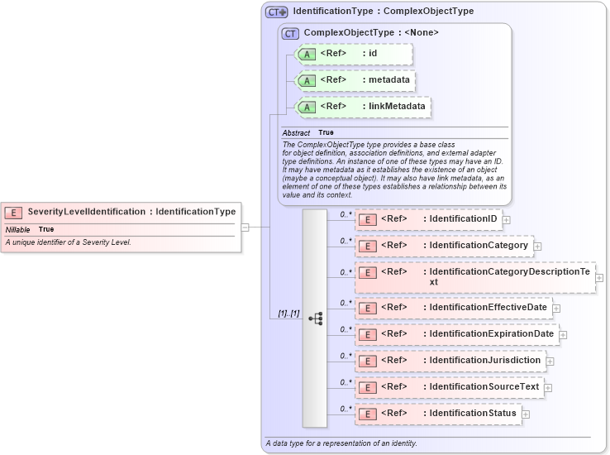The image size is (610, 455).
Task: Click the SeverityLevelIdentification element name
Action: click(x=86, y=212)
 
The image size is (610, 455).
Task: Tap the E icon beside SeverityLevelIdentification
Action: click(x=14, y=213)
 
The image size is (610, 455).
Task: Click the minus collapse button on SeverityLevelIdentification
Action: click(x=245, y=227)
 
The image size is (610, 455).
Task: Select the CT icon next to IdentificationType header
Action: click(x=276, y=12)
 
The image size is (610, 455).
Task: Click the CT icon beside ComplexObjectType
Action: click(x=290, y=33)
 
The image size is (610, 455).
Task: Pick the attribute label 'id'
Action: click(x=372, y=55)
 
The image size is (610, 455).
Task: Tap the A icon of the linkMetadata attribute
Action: click(x=307, y=107)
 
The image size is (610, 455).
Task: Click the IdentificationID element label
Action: click(x=463, y=219)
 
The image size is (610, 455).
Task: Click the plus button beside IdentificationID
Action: click(x=506, y=220)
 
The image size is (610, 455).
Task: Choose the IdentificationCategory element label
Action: click(x=479, y=246)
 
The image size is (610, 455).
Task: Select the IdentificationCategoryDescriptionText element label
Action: click(x=509, y=276)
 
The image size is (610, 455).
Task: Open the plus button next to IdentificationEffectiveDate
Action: click(x=556, y=308)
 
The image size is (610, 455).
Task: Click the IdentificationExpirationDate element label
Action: click(x=492, y=334)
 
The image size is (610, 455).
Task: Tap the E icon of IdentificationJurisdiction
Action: click(x=368, y=361)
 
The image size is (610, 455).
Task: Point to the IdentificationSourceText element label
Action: click(x=484, y=387)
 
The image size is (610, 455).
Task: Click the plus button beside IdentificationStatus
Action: click(x=525, y=414)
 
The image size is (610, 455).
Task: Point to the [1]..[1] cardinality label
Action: click(x=288, y=314)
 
